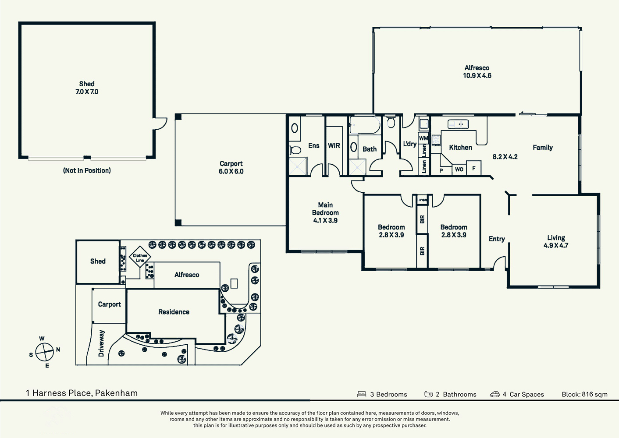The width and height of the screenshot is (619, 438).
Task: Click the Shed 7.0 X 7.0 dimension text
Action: tap(87, 92)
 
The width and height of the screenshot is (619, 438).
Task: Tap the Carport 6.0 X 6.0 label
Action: tap(231, 167)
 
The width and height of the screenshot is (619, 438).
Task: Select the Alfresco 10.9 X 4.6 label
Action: tap(477, 71)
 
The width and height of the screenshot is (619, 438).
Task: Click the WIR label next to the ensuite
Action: tap(334, 146)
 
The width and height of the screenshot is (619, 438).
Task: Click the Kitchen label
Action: tap(460, 148)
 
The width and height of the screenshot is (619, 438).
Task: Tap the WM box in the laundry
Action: tap(423, 138)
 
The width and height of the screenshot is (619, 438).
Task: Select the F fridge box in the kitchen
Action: tap(474, 169)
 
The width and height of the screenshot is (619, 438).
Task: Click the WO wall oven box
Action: tap(459, 170)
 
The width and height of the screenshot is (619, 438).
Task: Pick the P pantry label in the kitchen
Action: tap(441, 170)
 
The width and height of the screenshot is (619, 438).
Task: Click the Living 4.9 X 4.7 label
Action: tap(556, 241)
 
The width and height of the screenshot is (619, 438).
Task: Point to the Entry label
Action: tap(497, 239)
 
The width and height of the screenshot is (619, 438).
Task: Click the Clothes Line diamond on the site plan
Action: tap(140, 258)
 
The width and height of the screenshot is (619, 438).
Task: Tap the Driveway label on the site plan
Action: tap(101, 343)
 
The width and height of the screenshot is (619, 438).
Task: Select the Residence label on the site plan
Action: tap(174, 312)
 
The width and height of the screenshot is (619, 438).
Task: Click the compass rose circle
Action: tap(44, 352)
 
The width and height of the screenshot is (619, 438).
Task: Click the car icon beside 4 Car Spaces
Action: tap(494, 394)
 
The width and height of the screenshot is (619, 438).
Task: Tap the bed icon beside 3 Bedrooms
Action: tap(362, 394)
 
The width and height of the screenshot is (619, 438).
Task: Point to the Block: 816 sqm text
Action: tap(584, 394)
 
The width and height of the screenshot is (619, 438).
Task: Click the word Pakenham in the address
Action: tap(116, 393)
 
